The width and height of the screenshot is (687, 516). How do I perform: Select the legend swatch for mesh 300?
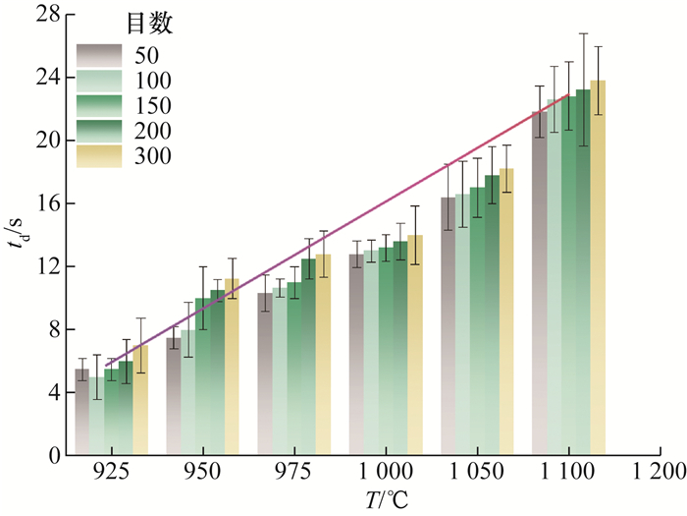click(100, 156)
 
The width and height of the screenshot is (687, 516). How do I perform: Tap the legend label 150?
click(151, 106)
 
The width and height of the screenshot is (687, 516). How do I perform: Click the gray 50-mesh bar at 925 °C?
click(82, 413)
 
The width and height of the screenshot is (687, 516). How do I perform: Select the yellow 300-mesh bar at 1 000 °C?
click(415, 345)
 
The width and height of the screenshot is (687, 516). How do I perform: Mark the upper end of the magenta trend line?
click(568, 94)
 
